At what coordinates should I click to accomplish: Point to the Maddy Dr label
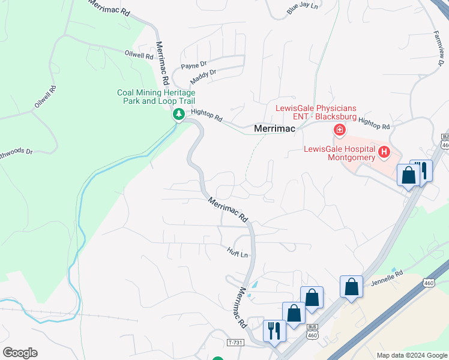tap(203, 76)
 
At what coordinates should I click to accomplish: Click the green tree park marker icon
tap(178, 113)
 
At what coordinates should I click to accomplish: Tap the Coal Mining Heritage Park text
tap(156, 97)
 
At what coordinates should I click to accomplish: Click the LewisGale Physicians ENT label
tap(316, 112)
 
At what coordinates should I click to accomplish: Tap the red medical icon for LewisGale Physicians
tap(339, 129)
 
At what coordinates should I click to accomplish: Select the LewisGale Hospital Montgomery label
tap(339, 153)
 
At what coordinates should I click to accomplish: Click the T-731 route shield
tap(236, 342)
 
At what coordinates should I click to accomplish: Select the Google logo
tap(20, 353)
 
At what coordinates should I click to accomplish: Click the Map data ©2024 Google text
tap(411, 355)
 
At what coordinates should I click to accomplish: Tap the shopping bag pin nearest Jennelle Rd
tap(351, 287)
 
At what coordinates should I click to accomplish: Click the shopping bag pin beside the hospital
tap(408, 175)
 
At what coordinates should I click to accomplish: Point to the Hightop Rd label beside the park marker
tap(206, 116)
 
